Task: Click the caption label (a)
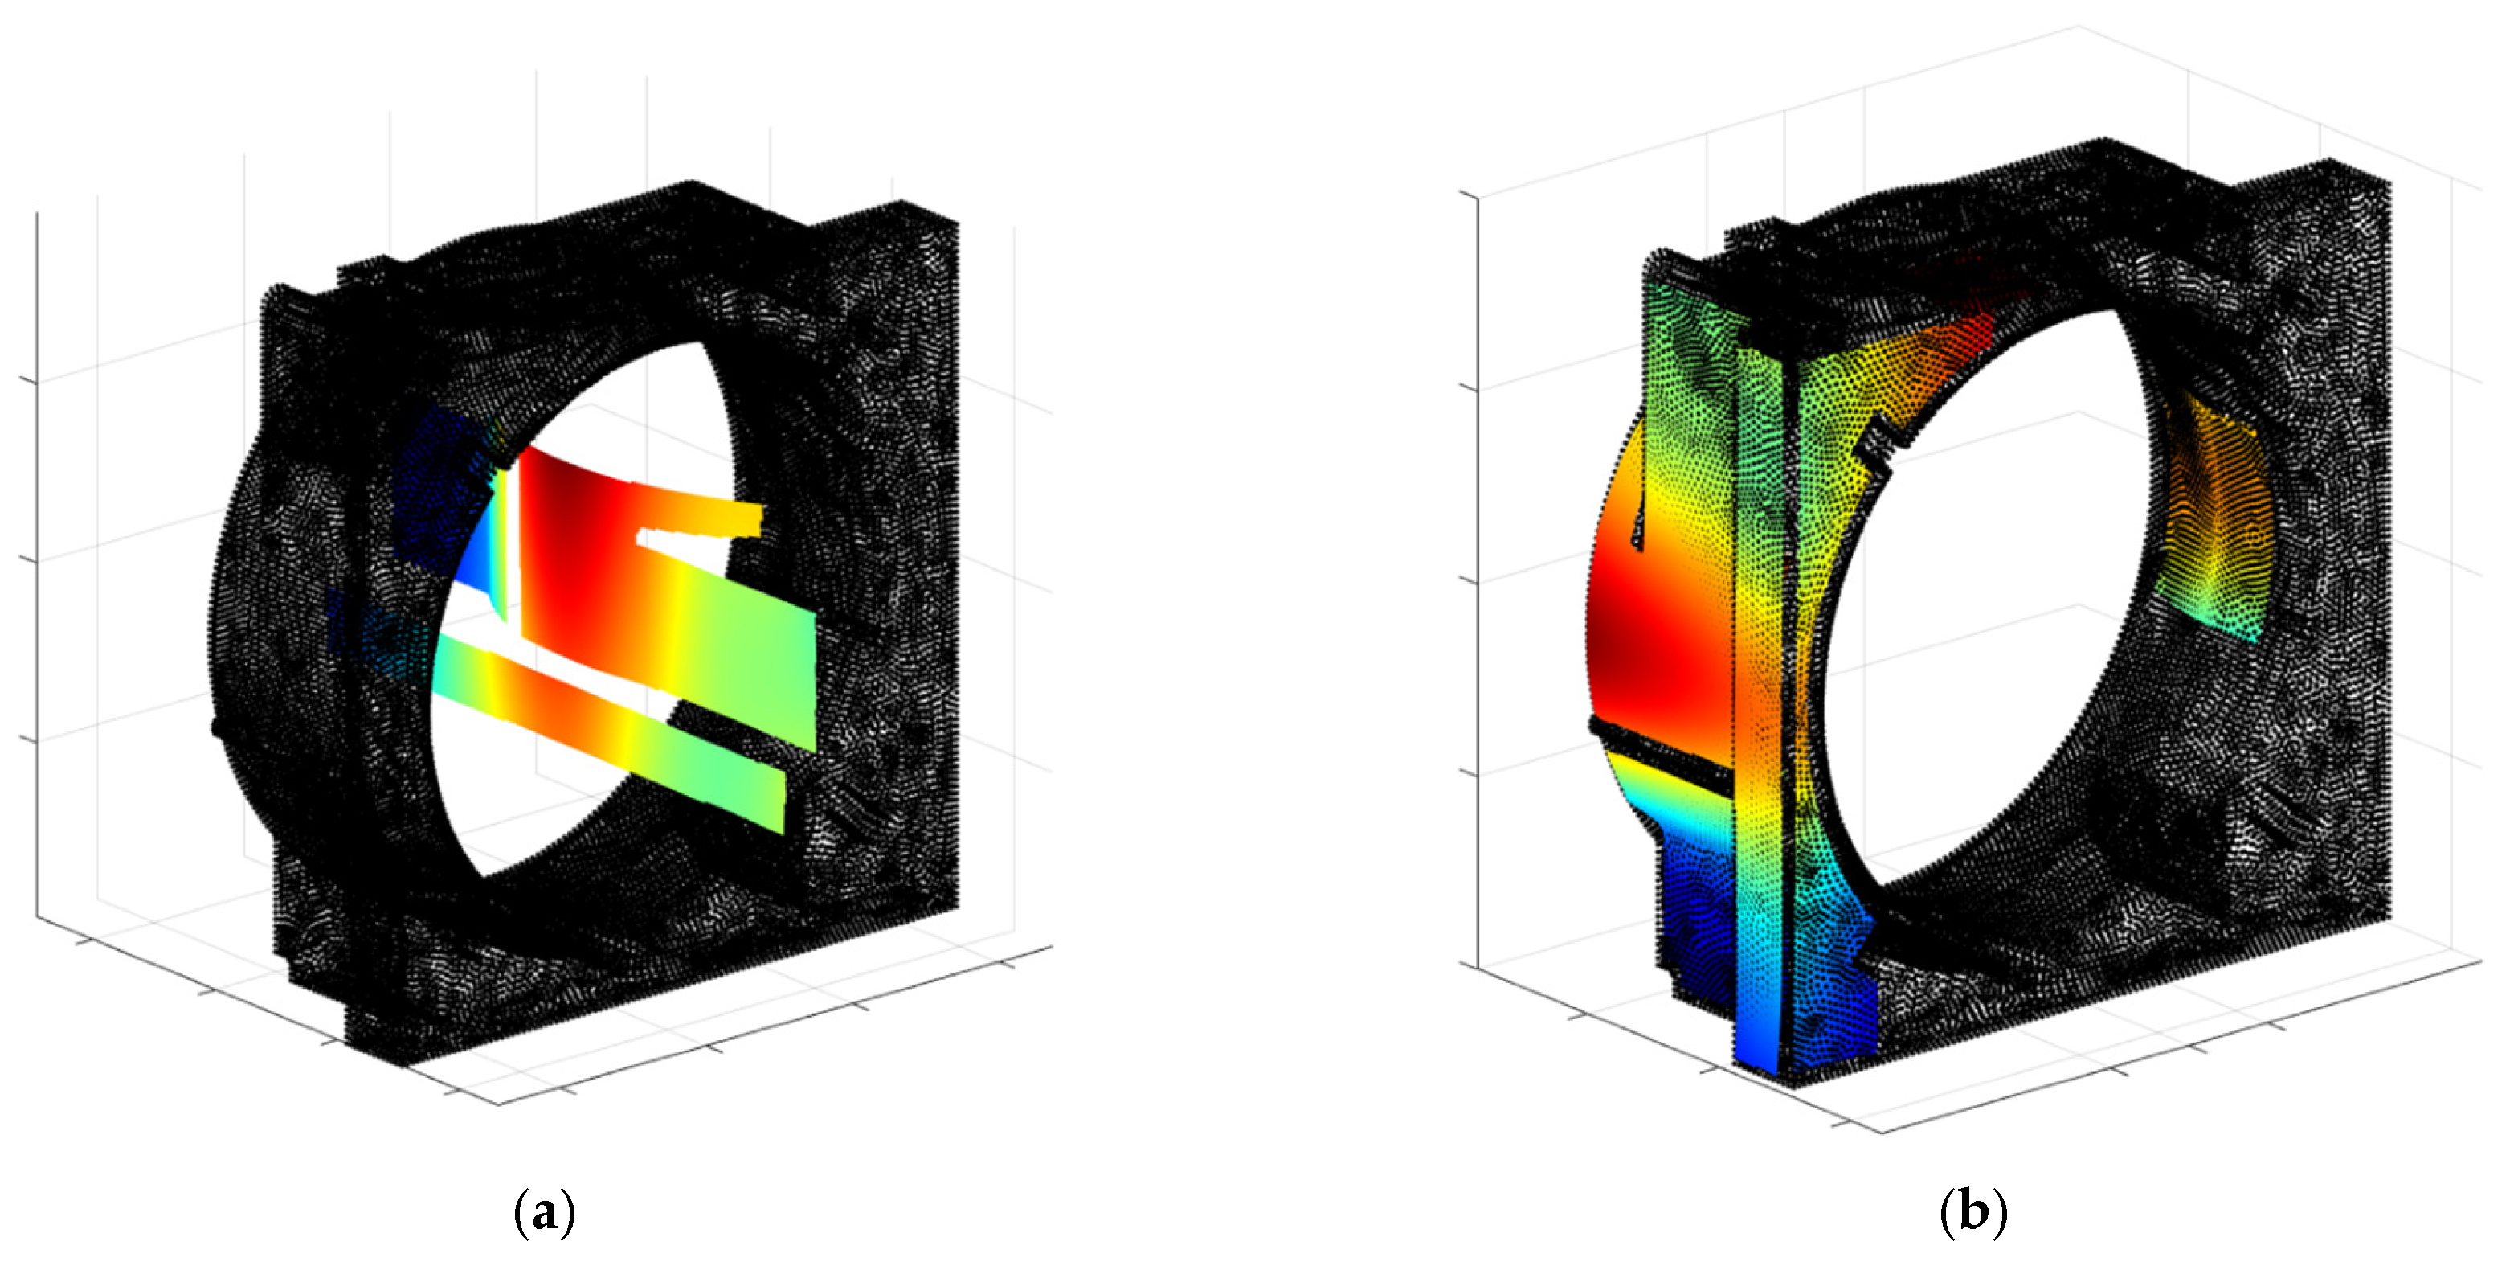pos(544,1213)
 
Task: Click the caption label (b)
pos(1973,1213)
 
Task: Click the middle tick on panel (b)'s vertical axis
pos(1470,581)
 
